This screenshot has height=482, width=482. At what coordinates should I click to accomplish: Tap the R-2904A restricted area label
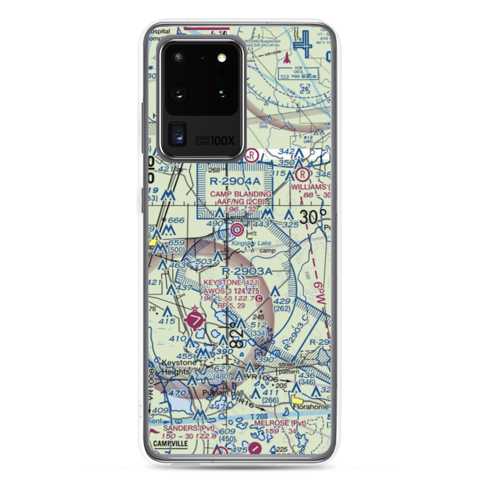click(235, 182)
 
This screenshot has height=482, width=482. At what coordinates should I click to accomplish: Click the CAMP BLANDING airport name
click(241, 194)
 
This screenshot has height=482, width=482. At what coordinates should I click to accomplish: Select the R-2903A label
click(247, 271)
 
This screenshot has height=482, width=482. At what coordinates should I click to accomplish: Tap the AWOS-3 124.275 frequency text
click(231, 291)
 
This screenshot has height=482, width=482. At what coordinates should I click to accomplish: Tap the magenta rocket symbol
click(288, 58)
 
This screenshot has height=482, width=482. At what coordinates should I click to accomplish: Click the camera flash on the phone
click(221, 58)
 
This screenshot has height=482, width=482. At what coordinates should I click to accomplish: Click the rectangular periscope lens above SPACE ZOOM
click(178, 134)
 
